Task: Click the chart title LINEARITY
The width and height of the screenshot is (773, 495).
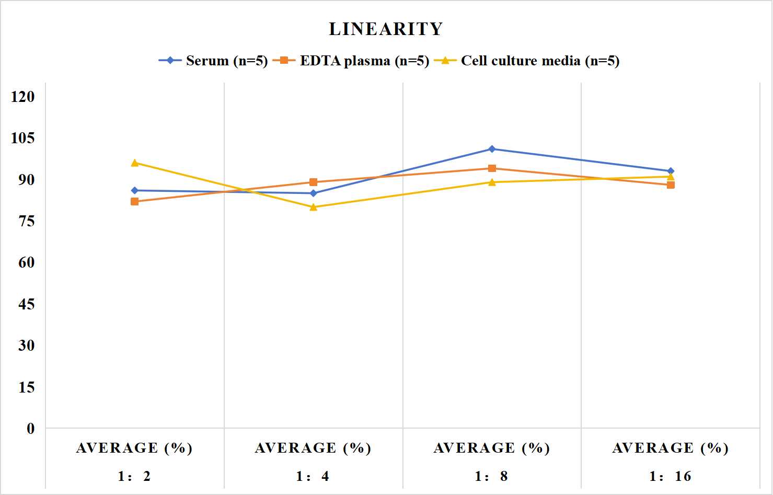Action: click(386, 29)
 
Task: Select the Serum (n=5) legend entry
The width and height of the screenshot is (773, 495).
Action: click(213, 61)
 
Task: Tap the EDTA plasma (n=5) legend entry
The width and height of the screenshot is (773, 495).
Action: click(351, 61)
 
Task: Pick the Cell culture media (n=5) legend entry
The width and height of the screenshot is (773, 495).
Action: click(527, 61)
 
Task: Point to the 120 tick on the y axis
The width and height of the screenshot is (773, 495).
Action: click(23, 97)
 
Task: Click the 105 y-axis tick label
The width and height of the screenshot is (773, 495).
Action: click(23, 138)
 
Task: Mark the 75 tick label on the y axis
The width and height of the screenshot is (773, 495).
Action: click(27, 221)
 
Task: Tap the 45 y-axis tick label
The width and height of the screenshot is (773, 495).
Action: click(27, 304)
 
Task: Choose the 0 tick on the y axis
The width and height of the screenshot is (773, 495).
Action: click(31, 429)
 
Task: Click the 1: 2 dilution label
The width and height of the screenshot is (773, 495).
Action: click(134, 476)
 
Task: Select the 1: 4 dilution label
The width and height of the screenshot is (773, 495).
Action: click(313, 476)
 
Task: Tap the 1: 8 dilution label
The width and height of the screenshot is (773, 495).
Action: click(491, 476)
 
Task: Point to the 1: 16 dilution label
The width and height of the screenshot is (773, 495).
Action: click(670, 476)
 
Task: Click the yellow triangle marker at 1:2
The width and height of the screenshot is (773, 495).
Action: click(135, 163)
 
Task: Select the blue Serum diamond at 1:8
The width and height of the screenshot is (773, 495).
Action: click(492, 149)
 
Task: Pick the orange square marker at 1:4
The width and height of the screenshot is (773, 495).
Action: click(314, 182)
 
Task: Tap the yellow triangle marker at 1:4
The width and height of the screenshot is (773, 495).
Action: click(314, 207)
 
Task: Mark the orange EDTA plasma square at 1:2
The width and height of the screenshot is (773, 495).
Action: click(135, 202)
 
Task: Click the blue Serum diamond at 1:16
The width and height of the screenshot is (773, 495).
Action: click(671, 171)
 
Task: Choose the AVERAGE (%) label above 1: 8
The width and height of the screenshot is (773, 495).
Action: click(491, 448)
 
